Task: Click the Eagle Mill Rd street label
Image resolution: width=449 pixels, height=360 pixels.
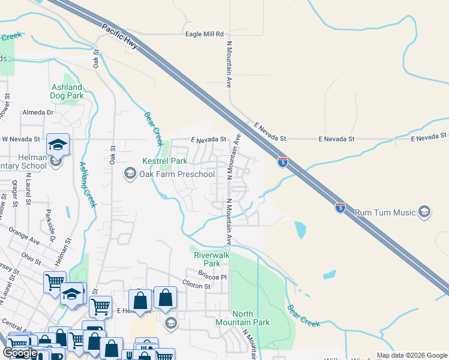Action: point(204,34)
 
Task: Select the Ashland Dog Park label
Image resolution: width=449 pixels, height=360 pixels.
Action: point(67,91)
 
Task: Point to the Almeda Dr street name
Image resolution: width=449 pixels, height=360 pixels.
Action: point(38,112)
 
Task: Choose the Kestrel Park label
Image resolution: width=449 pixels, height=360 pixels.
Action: point(164,161)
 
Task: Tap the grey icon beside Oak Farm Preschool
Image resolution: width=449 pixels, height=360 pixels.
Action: point(129,174)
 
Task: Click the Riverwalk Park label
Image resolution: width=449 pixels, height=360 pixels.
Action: point(207,259)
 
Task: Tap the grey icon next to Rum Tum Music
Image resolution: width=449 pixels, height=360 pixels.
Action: point(424,212)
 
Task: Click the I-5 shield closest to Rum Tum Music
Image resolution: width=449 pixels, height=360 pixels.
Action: point(340,208)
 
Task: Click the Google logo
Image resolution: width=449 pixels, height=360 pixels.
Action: point(20,353)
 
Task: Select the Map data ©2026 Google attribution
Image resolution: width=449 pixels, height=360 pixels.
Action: point(411,355)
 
